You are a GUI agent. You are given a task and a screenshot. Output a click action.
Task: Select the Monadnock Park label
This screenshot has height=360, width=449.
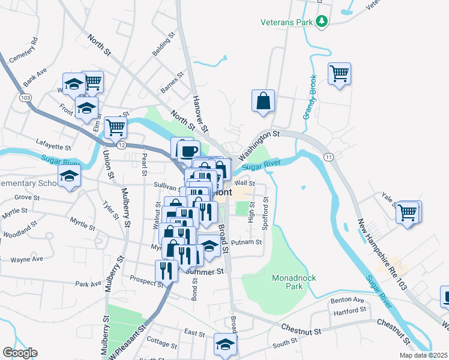294,282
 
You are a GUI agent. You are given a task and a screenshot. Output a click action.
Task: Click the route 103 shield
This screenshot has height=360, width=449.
25,97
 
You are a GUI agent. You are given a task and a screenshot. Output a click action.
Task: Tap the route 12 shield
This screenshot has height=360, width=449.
122,145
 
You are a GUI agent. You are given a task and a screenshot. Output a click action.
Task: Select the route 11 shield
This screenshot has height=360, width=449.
328,157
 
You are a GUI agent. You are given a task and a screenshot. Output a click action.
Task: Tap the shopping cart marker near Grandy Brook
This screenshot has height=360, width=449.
339,74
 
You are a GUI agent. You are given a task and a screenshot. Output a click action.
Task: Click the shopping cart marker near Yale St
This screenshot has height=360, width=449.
408,212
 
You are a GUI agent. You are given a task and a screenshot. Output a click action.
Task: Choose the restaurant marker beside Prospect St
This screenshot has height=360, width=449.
166,270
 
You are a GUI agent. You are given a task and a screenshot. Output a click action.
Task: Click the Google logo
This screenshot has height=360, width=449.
20,353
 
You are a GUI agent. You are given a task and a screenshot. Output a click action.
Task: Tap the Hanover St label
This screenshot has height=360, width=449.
200,113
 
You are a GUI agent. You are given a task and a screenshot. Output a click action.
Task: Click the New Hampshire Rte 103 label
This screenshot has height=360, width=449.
382,255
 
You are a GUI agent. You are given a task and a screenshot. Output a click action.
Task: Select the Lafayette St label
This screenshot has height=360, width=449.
53,146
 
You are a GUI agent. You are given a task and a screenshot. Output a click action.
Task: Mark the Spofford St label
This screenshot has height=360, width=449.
265,208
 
